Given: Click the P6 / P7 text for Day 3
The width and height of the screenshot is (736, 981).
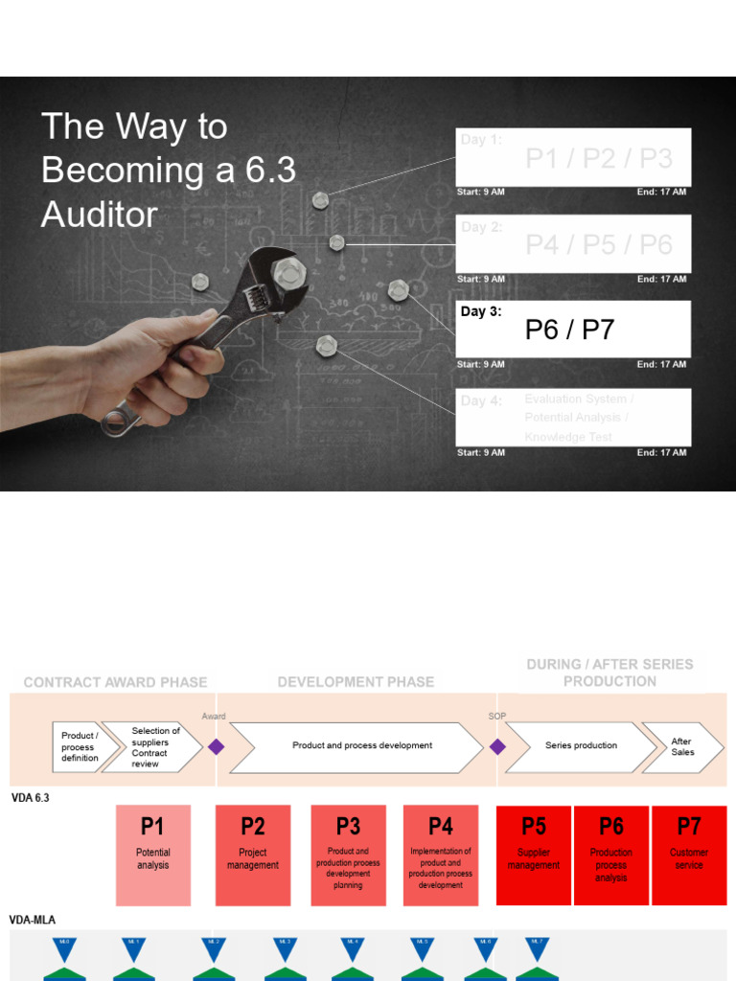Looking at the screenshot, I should pos(569,331).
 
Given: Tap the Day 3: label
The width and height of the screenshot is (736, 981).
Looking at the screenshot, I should pos(481,311).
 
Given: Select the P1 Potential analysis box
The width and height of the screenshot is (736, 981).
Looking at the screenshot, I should pos(153,855).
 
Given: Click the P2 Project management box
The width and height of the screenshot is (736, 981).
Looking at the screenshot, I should pos(253,855).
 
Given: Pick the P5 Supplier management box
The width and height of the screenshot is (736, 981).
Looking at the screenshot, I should pos(533,855).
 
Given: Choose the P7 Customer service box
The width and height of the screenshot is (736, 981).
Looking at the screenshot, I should pos(689,855).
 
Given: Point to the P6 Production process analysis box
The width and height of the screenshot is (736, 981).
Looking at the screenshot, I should pos(611,855).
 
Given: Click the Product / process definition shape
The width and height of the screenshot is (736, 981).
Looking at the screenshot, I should pos(80,747).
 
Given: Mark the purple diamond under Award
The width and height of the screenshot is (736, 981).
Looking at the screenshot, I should pos(217,746).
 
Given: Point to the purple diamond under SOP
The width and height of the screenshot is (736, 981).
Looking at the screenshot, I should pos(497,746).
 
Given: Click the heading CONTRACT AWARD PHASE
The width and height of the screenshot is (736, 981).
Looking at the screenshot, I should pos(115,682).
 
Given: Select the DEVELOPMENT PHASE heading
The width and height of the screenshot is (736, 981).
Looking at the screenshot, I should pos(356,682).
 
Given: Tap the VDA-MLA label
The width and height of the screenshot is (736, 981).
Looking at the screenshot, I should pos(33,920).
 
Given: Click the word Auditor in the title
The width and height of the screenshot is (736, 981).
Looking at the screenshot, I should pos(99,214).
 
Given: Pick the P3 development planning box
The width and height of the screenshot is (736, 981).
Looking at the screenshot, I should pos(349,855).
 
